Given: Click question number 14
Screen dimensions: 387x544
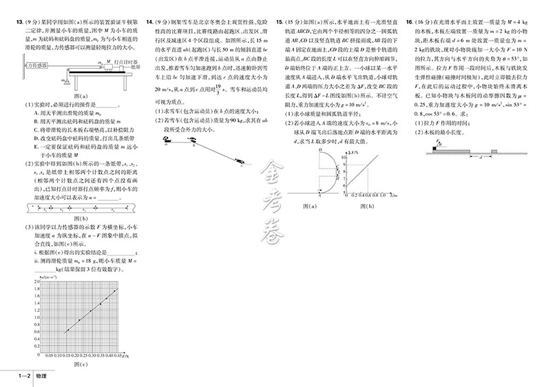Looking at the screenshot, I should coord(149,23).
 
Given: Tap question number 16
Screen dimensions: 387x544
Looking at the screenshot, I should coord(410,23).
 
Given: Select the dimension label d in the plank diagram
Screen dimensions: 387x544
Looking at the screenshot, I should coord(481,156).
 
